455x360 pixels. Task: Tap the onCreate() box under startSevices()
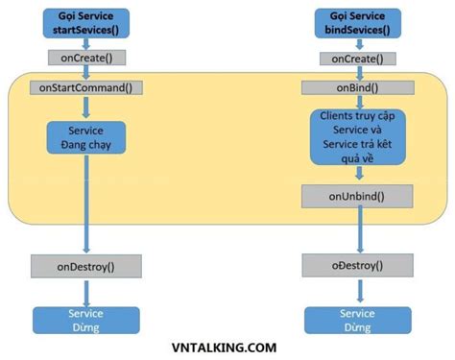[86, 57]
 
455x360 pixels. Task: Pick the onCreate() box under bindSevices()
[358, 58]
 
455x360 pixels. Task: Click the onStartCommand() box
[86, 87]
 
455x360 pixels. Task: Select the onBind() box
[358, 88]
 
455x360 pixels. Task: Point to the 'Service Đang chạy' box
[86, 137]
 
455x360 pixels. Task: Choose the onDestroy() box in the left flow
[86, 265]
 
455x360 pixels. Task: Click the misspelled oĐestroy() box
[358, 265]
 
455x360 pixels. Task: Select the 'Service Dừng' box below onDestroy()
[86, 321]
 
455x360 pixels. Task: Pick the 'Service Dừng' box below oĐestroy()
[358, 321]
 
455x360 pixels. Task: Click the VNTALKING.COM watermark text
[227, 349]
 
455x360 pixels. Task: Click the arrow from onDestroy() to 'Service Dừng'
[86, 292]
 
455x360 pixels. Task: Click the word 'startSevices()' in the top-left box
[86, 29]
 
